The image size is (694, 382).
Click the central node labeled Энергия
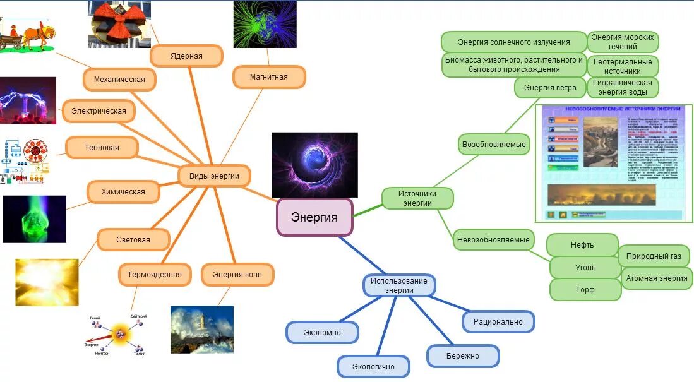tap(314, 217)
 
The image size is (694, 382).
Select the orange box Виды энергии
tap(214, 176)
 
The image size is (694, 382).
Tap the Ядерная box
tap(186, 56)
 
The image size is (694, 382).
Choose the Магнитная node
tap(268, 76)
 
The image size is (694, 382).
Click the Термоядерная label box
tap(154, 274)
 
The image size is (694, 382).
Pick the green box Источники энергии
tap(417, 198)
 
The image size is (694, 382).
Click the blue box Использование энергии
tap(399, 285)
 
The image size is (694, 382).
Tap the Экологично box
tap(373, 366)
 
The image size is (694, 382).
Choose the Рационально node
tap(498, 321)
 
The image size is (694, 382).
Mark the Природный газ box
tap(654, 256)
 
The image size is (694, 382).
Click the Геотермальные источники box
tap(623, 66)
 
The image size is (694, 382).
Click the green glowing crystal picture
tap(34, 219)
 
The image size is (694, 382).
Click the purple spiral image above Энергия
tap(314, 165)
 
